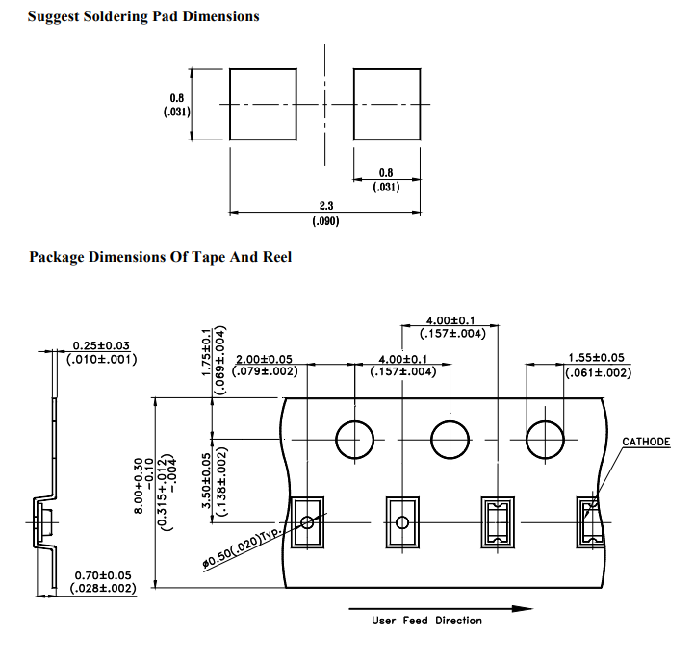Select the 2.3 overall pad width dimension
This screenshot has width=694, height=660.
pyautogui.click(x=326, y=206)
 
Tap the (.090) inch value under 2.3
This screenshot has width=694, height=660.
pyautogui.click(x=325, y=221)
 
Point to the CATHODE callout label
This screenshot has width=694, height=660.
pyautogui.click(x=646, y=442)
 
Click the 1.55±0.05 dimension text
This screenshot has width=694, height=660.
pyautogui.click(x=596, y=358)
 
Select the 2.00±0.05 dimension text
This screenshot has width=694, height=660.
pyautogui.click(x=264, y=359)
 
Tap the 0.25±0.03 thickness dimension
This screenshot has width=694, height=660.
pyautogui.click(x=101, y=345)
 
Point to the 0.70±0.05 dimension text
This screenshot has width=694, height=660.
pyautogui.click(x=103, y=575)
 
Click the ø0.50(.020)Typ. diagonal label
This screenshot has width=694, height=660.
pyautogui.click(x=242, y=548)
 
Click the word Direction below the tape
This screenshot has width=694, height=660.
pyautogui.click(x=458, y=621)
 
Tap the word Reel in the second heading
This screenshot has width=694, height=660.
pyautogui.click(x=277, y=257)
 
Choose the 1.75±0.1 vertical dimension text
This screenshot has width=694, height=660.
pyautogui.click(x=206, y=352)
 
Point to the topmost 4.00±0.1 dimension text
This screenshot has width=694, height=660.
pyautogui.click(x=450, y=320)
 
